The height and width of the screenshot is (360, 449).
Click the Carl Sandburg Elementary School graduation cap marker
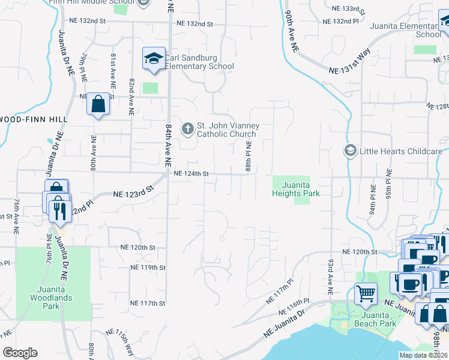tap(154, 59)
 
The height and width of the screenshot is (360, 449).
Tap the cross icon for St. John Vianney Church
tap(188, 128)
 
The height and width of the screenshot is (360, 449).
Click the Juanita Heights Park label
tap(295, 190)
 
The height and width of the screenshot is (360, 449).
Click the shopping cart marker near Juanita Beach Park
tap(366, 294)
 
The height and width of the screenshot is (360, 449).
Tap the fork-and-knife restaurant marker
tap(59, 211)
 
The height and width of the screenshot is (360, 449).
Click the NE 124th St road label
tap(191, 174)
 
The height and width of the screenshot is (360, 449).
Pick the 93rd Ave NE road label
tap(330, 276)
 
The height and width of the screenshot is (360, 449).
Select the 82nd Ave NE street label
tap(131, 96)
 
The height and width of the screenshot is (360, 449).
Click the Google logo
tap(20, 352)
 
